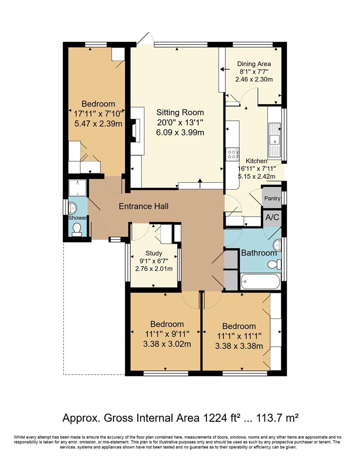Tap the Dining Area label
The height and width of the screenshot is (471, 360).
(254, 64)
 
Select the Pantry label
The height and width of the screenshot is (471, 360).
(272, 198)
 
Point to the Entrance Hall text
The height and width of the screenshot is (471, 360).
(144, 206)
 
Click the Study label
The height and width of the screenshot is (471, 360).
(154, 253)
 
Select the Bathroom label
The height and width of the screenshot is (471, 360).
(259, 253)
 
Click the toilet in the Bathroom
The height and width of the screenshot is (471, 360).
(274, 264)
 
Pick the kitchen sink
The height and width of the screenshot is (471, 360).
(274, 140)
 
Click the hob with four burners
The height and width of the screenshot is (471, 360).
(232, 154)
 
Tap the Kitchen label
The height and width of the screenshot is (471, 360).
(256, 161)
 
